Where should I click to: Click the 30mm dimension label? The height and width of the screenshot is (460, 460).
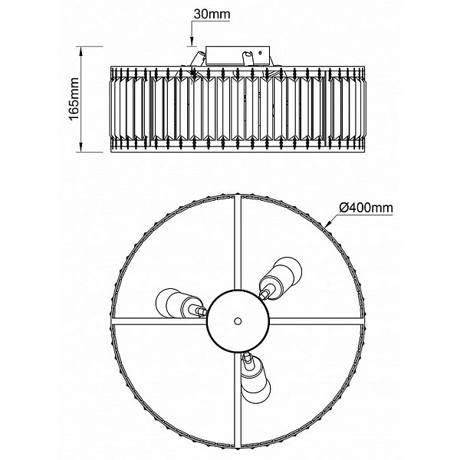pyautogui.click(x=212, y=15)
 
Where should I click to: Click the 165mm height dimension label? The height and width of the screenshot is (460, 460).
pyautogui.click(x=74, y=99)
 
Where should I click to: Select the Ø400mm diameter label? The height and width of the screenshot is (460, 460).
pyautogui.click(x=366, y=208)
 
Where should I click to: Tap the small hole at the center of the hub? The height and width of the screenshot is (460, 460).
pyautogui.click(x=238, y=321)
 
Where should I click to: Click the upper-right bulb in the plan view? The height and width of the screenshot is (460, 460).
pyautogui.click(x=281, y=278)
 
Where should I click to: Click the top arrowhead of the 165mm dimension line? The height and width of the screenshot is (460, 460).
pyautogui.click(x=81, y=51)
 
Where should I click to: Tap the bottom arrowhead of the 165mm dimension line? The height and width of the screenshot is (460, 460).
pyautogui.click(x=81, y=146)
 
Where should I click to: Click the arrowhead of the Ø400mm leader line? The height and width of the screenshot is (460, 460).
pyautogui.click(x=329, y=224)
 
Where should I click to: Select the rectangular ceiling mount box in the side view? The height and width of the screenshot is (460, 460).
pyautogui.click(x=238, y=55)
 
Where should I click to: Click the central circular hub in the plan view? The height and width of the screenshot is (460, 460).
pyautogui.click(x=238, y=321)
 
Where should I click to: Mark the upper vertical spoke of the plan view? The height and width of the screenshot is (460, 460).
pyautogui.click(x=238, y=242)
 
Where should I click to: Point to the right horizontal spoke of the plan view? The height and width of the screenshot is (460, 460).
pyautogui.click(x=316, y=321)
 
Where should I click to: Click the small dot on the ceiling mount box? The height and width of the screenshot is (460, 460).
pyautogui.click(x=260, y=53)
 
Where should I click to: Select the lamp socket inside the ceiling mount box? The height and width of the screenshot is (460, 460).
pyautogui.click(x=246, y=58)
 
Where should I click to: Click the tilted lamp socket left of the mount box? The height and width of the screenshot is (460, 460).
pyautogui.click(x=196, y=60)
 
